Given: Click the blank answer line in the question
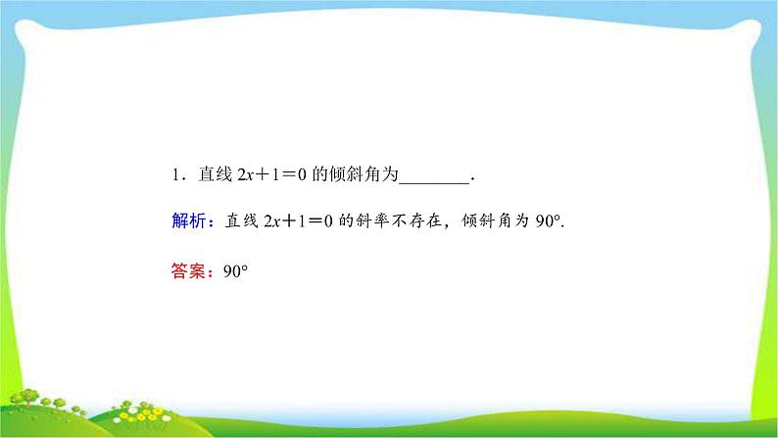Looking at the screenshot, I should click(436, 177).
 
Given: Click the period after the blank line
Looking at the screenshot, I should click(474, 179).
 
